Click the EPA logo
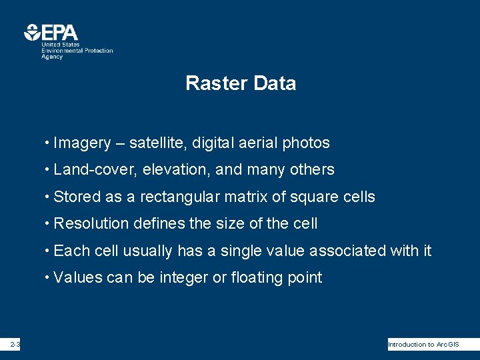click(x=51, y=32)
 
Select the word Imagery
click(x=82, y=143)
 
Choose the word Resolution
click(x=90, y=224)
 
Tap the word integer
click(x=184, y=278)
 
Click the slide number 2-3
click(x=15, y=345)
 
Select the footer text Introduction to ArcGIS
click(x=423, y=345)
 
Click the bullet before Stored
click(x=47, y=197)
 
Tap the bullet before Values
click(x=47, y=278)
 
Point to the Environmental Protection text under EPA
click(x=77, y=51)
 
